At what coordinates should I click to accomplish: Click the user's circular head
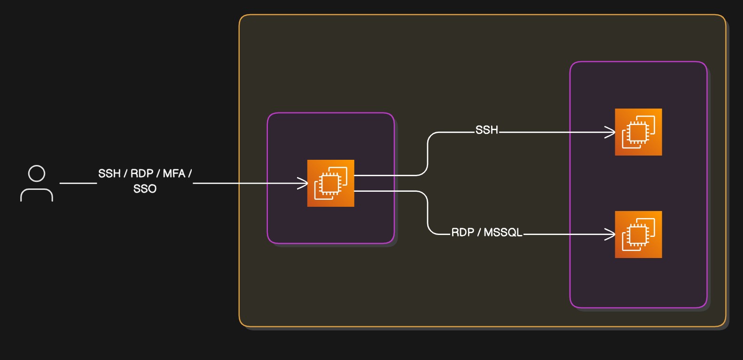(37, 173)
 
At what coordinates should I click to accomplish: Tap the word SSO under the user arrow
(145, 189)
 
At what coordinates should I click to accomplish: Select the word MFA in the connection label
(174, 173)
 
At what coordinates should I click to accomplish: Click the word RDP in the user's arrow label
(142, 173)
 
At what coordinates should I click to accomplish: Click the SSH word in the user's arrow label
(109, 173)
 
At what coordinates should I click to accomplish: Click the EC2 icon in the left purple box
(330, 183)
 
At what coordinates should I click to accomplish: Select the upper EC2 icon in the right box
(638, 132)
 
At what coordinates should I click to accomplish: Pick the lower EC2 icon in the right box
(638, 235)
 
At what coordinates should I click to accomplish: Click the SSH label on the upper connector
(486, 130)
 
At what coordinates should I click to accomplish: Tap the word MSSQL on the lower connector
(503, 233)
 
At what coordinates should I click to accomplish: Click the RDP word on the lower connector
(462, 233)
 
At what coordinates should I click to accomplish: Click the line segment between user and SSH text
(78, 183)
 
